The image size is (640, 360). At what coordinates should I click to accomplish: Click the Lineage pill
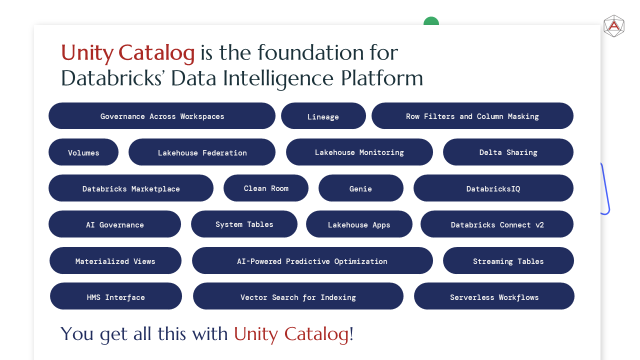coord(323,116)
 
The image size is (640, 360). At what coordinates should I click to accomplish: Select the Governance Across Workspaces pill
coord(162,116)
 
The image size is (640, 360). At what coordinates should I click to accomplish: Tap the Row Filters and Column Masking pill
coord(472,116)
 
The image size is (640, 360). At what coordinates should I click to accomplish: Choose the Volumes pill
coord(83,152)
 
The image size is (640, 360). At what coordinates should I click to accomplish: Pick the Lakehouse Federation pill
coord(202,152)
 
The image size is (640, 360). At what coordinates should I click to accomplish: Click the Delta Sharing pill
coord(508,152)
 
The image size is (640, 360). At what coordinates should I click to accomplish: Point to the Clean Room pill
coord(266,188)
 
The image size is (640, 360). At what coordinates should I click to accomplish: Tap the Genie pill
coord(360,188)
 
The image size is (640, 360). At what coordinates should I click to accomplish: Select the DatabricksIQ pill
coord(493,188)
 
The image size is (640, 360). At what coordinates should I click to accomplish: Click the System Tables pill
coord(244,224)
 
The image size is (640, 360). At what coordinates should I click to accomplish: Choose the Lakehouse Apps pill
coord(359,224)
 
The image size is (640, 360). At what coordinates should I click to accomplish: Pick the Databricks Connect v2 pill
coord(497,224)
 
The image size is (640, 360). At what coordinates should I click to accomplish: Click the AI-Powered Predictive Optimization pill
coord(312,261)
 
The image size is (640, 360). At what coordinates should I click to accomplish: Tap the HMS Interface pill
coord(116,296)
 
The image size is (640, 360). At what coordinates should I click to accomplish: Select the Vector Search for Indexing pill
coord(298,296)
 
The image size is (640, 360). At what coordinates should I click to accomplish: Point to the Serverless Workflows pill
coord(494,296)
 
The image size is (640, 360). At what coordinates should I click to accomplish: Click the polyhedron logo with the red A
coord(613,26)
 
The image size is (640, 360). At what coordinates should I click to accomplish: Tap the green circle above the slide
coord(431,21)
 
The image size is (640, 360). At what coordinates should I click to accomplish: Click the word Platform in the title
coord(382,78)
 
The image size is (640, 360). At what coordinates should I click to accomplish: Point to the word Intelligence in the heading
coord(279,78)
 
